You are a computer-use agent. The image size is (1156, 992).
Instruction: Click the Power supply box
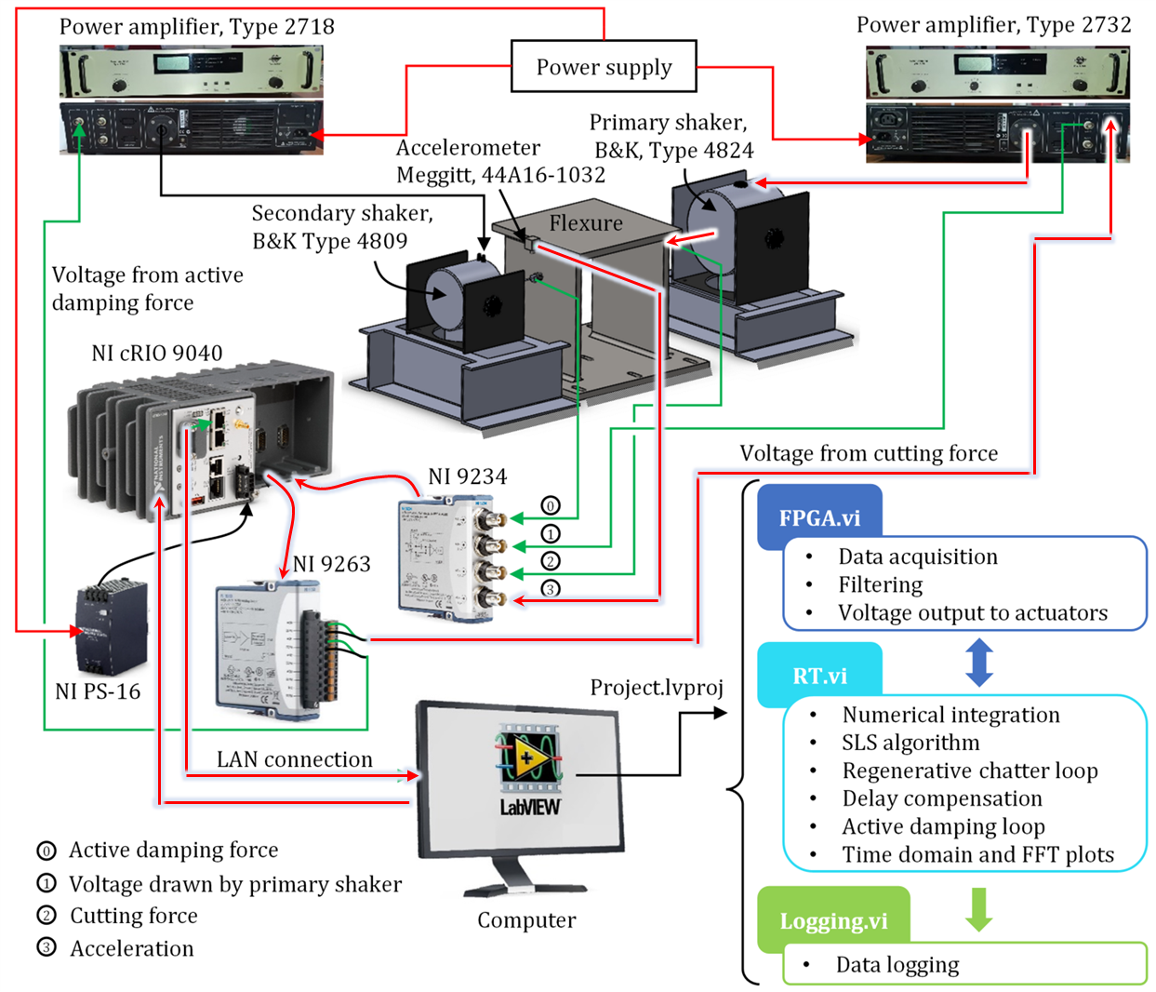tap(604, 67)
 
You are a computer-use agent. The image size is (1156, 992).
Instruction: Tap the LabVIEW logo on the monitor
tap(529, 768)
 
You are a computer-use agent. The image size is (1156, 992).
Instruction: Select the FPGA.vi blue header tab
tap(818, 517)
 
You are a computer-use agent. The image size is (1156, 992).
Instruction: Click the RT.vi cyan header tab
tap(818, 676)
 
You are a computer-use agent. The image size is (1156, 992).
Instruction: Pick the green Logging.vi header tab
tap(832, 920)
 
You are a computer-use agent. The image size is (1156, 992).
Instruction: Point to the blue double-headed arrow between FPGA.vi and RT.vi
tap(979, 662)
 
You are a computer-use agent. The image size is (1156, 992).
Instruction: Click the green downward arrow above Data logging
tap(978, 909)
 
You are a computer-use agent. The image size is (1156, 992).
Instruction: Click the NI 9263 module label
tap(332, 564)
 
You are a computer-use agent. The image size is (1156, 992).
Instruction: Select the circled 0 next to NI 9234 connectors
tap(551, 506)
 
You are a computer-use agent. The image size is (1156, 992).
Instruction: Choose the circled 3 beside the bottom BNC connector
tap(551, 589)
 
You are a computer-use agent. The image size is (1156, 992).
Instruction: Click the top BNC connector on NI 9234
tap(491, 517)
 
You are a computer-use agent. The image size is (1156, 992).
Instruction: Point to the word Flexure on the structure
tap(585, 223)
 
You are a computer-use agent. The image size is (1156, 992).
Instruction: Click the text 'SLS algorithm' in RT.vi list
tap(910, 743)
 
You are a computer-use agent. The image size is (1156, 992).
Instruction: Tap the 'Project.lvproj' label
tap(656, 688)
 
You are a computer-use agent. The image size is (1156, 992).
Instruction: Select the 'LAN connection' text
tap(294, 759)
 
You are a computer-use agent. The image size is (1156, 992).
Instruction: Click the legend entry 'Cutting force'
tap(134, 916)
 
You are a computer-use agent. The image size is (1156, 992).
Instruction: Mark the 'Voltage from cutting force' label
tap(868, 453)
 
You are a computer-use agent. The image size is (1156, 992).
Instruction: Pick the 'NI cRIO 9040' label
tap(156, 354)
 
